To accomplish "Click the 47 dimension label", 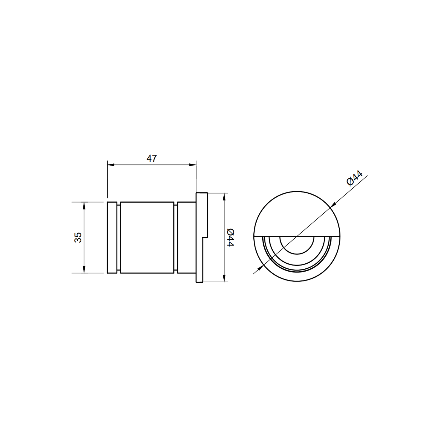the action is (152, 158).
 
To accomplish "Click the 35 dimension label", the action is (78, 237).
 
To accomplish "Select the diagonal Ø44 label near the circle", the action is (354, 178).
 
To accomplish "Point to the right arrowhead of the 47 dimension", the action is (193, 165).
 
